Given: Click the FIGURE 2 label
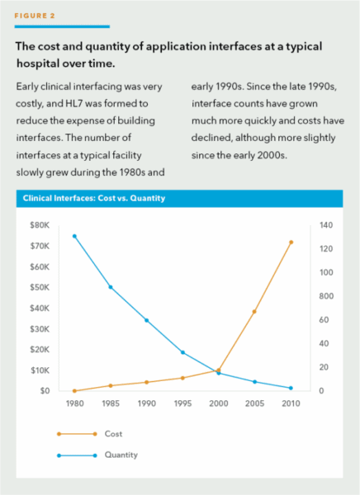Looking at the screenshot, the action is (35, 16).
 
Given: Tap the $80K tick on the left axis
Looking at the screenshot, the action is (40, 225).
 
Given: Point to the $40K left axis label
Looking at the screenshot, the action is (40, 308).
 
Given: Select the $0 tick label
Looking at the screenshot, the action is (45, 391).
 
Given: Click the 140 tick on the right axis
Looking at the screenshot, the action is (326, 225).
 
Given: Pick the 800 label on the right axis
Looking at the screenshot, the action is (326, 296).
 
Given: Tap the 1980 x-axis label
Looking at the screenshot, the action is (74, 403).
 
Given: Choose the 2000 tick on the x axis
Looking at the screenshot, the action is (219, 403).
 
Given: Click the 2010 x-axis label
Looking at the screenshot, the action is (291, 403).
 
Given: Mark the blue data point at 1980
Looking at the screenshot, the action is (74, 236).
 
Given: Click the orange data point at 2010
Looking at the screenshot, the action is (291, 242).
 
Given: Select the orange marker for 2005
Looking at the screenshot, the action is (254, 312).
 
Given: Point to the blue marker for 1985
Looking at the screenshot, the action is (111, 287).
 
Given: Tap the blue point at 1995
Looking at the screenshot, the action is (182, 352).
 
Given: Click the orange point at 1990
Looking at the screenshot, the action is (147, 382).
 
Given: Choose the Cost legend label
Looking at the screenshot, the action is (113, 434).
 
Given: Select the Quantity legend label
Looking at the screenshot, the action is (121, 455).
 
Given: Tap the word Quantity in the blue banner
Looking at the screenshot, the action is (148, 198).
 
